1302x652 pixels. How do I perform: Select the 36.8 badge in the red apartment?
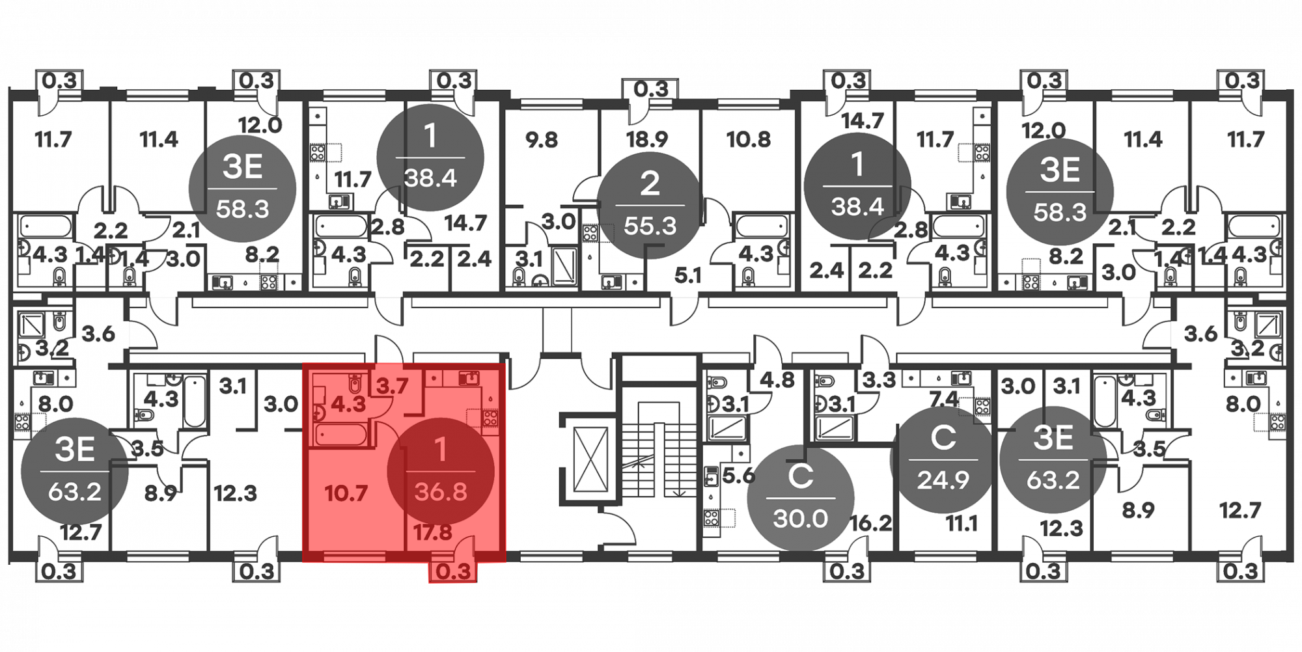point(441,471)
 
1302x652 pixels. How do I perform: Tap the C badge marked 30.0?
point(800,498)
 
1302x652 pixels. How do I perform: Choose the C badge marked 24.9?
point(943,459)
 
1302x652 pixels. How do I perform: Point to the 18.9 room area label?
point(647,139)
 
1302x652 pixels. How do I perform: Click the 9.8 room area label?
point(542,139)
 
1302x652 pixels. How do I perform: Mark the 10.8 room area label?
point(749,139)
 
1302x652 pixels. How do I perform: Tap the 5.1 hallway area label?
point(687,276)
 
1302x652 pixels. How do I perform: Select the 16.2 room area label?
point(870,523)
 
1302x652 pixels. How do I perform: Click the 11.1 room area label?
point(962,523)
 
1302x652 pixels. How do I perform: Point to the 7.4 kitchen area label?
point(943,398)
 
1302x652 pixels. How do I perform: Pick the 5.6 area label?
point(738,476)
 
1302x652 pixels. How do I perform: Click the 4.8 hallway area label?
point(777,379)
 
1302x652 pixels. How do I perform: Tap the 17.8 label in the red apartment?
point(433,533)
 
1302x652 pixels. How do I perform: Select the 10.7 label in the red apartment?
point(346,493)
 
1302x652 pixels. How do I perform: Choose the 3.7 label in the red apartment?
point(393,387)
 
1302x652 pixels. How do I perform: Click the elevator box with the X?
point(589,459)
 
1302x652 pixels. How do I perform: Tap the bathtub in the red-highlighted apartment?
point(341,435)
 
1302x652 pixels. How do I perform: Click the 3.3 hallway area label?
point(879,379)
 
